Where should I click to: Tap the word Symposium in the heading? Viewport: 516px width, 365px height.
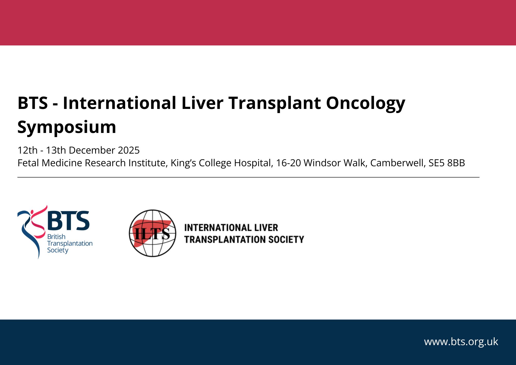[67, 127]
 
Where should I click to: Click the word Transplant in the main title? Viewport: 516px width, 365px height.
[275, 103]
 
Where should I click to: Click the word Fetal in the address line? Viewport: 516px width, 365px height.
[28, 163]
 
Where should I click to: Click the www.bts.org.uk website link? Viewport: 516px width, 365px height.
[461, 342]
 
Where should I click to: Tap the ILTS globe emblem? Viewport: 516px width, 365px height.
[152, 233]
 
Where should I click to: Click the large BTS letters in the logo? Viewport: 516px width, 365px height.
[68, 221]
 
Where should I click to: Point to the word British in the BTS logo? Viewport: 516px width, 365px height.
[56, 237]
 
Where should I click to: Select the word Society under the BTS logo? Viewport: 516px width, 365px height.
[58, 250]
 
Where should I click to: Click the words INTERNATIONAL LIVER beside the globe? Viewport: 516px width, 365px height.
[231, 228]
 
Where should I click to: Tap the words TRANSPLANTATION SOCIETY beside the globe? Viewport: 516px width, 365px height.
[244, 240]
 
